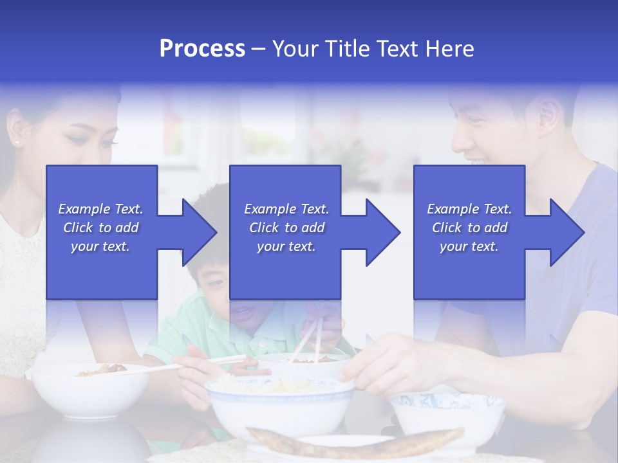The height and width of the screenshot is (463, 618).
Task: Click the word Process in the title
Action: coord(202,49)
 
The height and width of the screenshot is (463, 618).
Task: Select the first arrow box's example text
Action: coord(100,228)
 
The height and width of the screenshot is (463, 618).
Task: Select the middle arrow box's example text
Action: coord(286,228)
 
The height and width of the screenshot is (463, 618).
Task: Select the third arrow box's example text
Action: coord(469,228)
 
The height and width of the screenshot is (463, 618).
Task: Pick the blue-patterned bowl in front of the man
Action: coord(447,414)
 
